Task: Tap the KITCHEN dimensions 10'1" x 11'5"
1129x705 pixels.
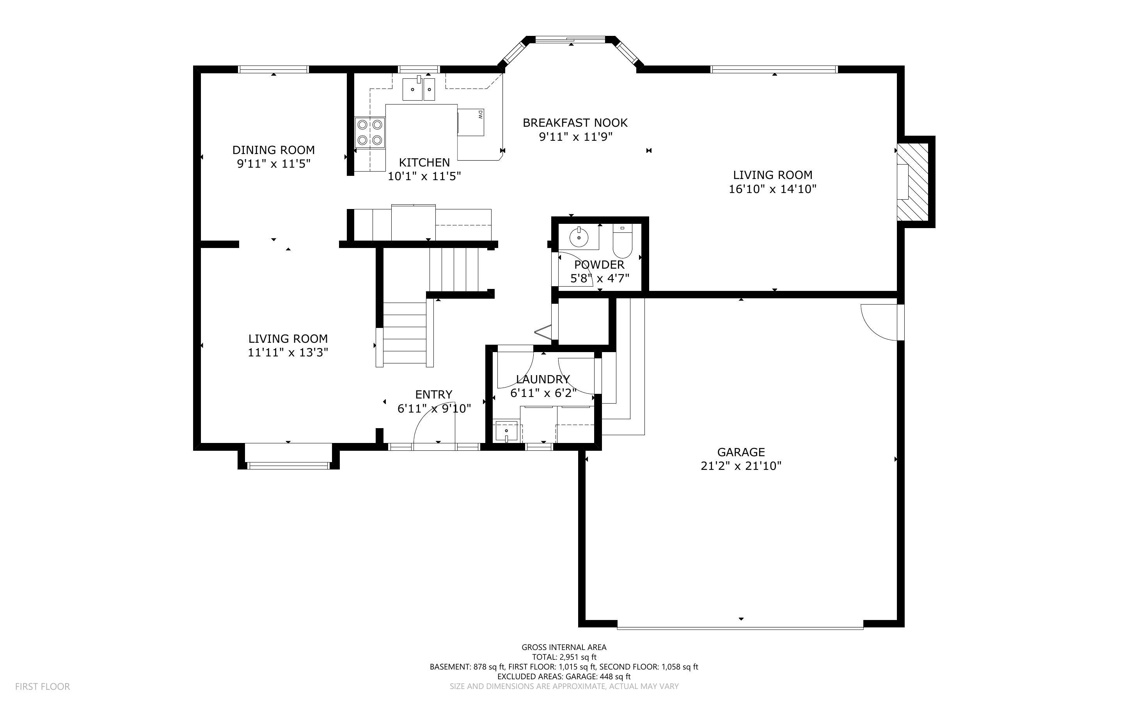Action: tap(424, 176)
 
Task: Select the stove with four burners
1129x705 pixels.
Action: tap(370, 133)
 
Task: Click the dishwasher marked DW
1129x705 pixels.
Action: tap(471, 122)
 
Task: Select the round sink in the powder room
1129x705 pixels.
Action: tap(579, 238)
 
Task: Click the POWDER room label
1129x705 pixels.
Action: tap(599, 265)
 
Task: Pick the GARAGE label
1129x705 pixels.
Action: tap(740, 452)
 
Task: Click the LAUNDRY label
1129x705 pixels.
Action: tap(543, 379)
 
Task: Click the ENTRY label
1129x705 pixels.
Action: tap(433, 395)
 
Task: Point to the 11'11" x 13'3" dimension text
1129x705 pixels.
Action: tap(288, 352)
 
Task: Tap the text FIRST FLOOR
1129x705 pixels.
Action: tap(43, 686)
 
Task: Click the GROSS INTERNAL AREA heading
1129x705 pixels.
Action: tap(563, 647)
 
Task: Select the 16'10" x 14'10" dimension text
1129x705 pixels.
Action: tap(772, 189)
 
